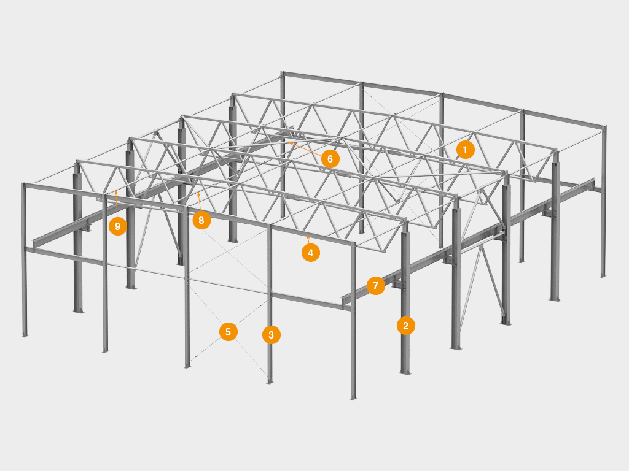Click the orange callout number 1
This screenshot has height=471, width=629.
point(466,150)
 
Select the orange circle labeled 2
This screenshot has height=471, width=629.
point(405,326)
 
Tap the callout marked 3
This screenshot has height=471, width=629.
point(271,335)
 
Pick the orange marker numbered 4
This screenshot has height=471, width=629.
point(310,253)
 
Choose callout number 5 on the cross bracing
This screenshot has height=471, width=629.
point(229,332)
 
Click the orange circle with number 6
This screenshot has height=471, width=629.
point(330,159)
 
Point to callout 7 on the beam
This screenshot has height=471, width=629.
point(375,286)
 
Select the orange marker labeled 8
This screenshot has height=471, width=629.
point(201,220)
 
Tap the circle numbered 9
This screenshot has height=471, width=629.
point(117,226)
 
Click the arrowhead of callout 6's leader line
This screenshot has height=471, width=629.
point(291,142)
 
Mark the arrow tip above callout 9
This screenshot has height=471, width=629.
point(116,193)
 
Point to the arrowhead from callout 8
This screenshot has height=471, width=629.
point(198,194)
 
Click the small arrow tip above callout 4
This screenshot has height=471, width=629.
point(308,237)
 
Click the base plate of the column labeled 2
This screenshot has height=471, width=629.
point(405,372)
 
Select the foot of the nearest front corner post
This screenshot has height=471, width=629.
point(353,397)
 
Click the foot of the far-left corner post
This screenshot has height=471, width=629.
point(25,335)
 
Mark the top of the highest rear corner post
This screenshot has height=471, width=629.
point(283,74)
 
